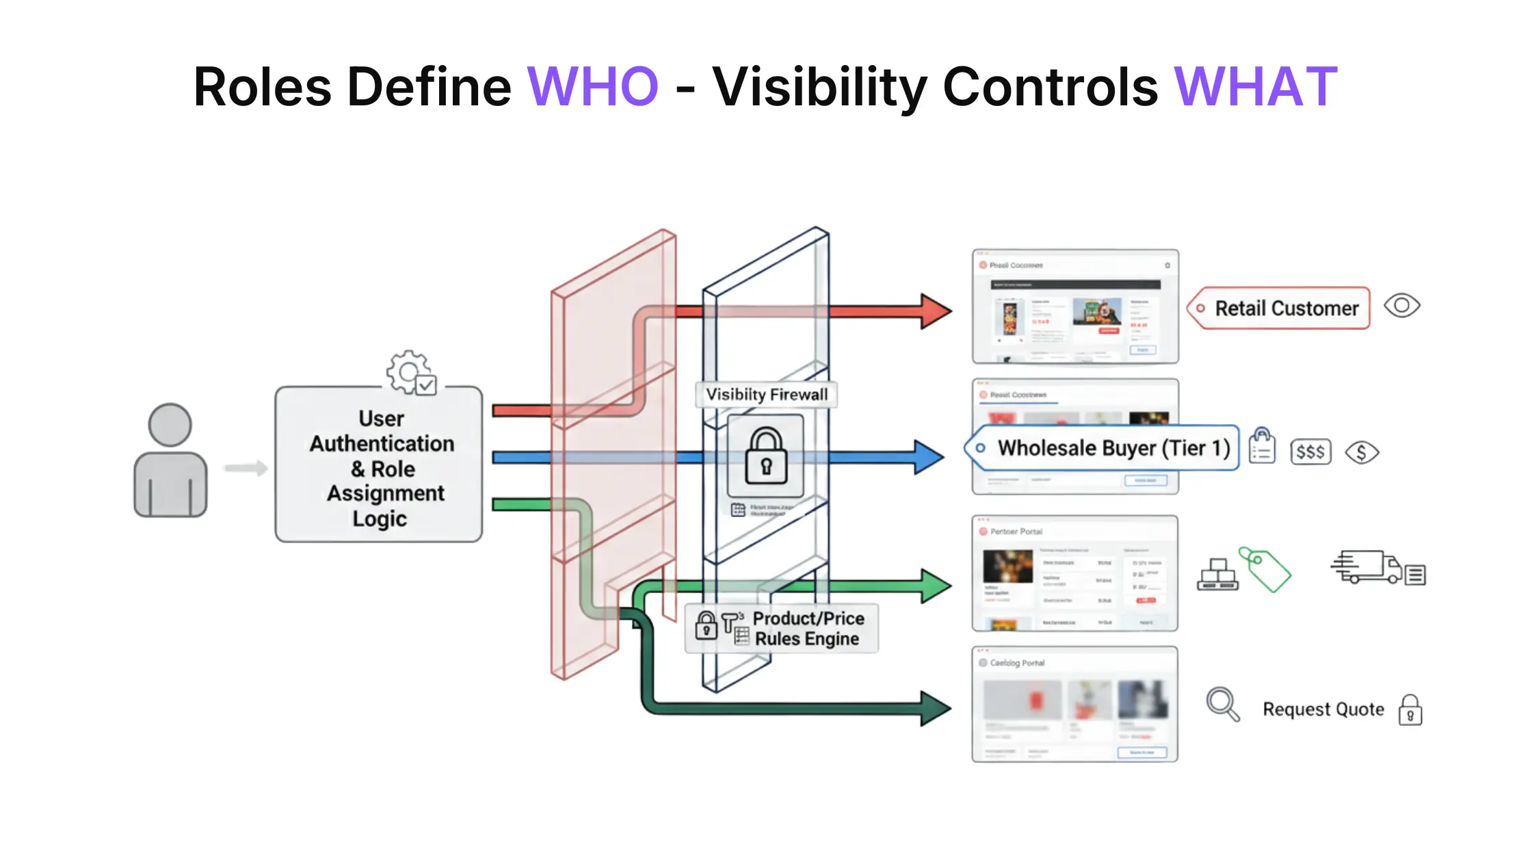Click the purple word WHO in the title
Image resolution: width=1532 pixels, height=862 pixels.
592,87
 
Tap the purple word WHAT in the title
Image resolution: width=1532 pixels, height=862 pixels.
1256,87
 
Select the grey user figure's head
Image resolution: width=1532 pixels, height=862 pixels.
170,425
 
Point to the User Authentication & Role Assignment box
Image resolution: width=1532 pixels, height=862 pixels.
379,465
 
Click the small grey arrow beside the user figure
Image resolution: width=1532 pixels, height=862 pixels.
245,468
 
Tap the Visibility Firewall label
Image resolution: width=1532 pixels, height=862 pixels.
766,395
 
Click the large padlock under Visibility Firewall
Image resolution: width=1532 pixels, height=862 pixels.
765,456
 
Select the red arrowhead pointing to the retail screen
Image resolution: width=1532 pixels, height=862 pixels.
935,311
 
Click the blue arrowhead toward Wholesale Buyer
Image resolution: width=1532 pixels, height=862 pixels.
929,457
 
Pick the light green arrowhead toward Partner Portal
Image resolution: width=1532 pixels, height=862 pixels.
935,586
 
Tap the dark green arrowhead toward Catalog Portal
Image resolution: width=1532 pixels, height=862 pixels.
935,708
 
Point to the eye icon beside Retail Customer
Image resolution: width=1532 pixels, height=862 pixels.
1401,305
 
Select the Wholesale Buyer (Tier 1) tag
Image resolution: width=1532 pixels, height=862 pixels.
1104,448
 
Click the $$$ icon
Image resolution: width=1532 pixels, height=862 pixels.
1310,452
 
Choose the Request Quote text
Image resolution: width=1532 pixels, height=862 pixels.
1323,709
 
